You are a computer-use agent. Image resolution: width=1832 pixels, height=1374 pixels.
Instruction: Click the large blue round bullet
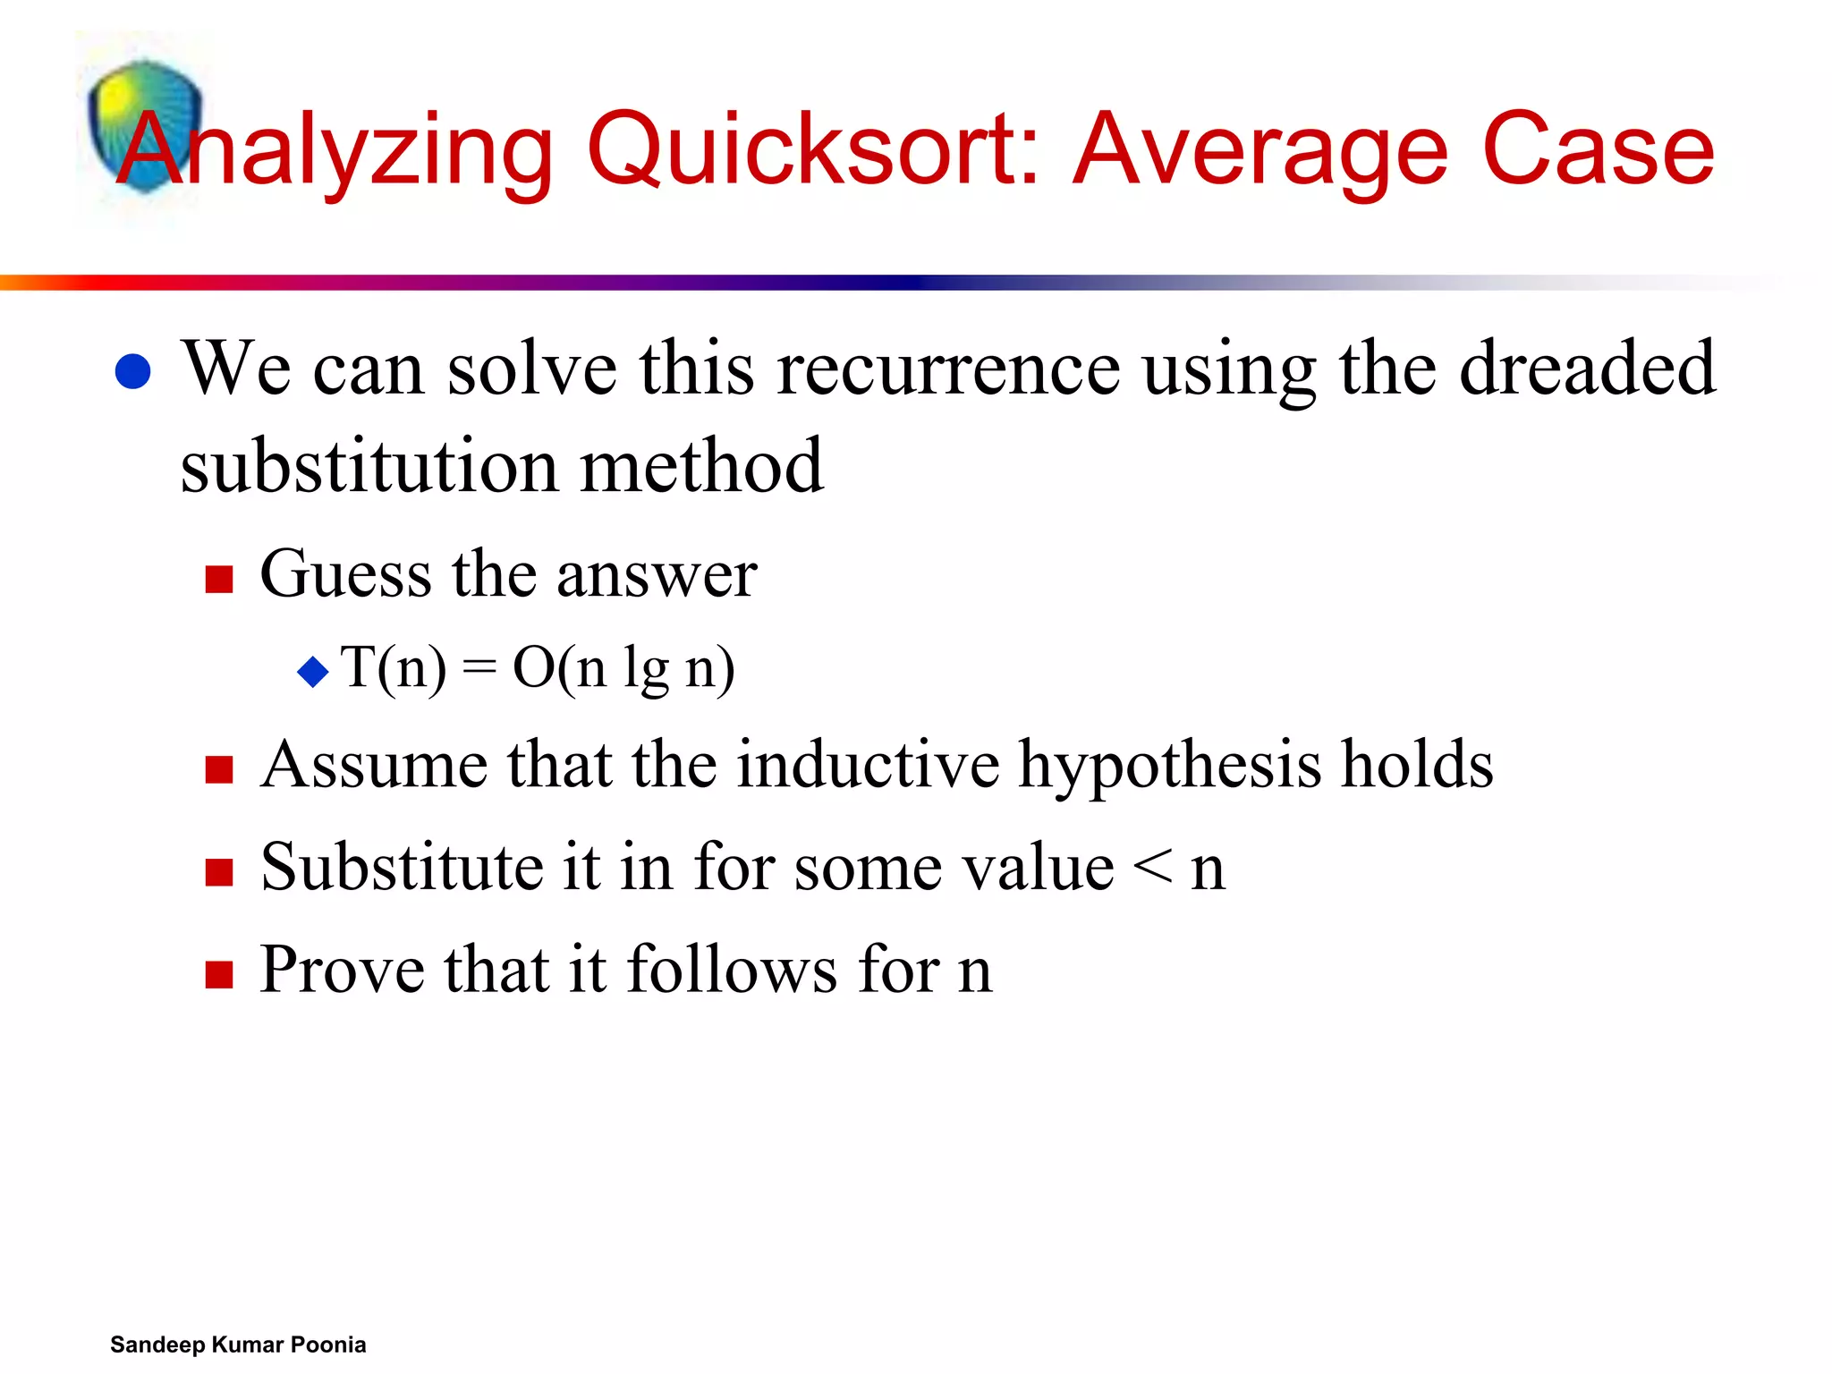click(x=133, y=371)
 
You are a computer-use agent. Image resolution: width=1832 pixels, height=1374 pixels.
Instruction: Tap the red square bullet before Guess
click(x=219, y=579)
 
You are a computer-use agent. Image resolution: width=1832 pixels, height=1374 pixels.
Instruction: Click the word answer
click(x=657, y=574)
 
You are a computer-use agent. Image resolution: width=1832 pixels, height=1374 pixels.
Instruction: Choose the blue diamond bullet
click(x=313, y=671)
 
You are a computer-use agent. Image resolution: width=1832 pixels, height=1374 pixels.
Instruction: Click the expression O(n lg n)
click(x=623, y=668)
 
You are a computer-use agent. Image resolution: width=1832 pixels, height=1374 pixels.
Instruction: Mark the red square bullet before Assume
click(x=219, y=769)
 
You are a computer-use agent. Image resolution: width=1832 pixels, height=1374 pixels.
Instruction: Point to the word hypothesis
click(x=1170, y=767)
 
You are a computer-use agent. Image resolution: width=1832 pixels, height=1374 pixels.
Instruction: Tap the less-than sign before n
click(x=1152, y=868)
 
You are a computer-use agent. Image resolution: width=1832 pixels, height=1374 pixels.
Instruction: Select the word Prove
click(x=342, y=970)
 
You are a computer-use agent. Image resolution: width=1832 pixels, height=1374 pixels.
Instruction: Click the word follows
click(x=733, y=970)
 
